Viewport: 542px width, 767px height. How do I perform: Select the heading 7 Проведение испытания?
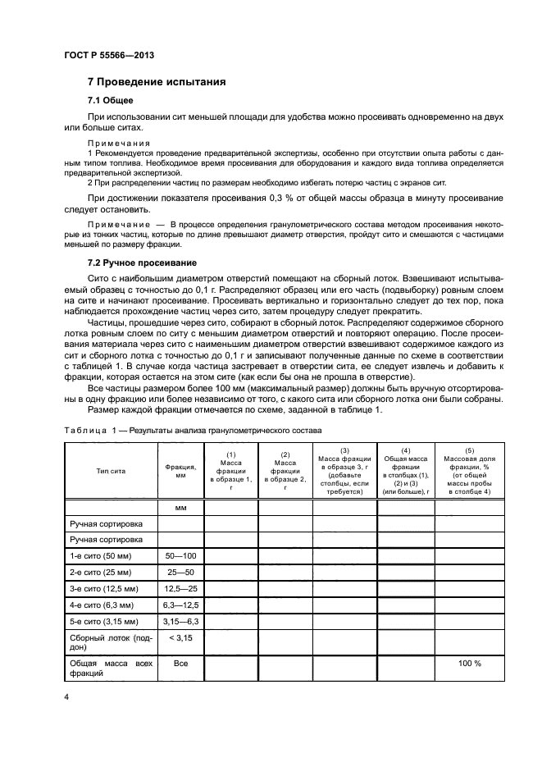(x=156, y=83)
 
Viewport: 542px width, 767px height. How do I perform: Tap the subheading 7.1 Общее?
(x=111, y=101)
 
